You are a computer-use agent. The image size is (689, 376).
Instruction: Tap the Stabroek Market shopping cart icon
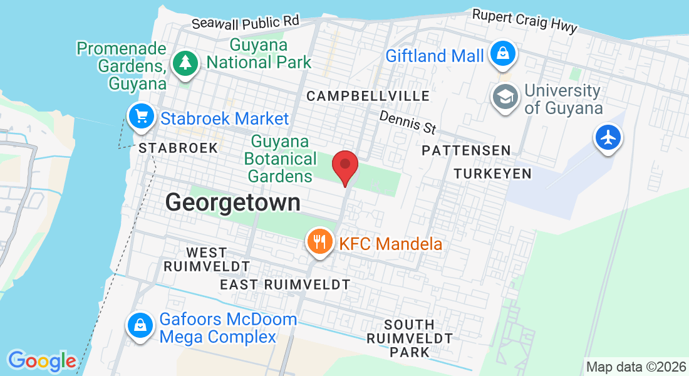click(x=142, y=117)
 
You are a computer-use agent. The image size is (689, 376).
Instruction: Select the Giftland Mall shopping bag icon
click(x=502, y=53)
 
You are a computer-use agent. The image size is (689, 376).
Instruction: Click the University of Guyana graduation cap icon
click(x=504, y=97)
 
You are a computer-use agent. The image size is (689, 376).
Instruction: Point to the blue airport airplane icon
click(x=608, y=137)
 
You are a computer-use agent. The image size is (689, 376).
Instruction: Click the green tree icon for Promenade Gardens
click(x=185, y=62)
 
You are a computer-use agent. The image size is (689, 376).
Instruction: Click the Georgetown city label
click(x=232, y=202)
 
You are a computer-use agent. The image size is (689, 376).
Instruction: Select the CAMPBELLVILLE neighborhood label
click(x=368, y=96)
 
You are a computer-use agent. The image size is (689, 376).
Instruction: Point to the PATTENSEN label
click(x=466, y=150)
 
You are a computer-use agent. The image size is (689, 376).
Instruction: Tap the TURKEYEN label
click(x=492, y=174)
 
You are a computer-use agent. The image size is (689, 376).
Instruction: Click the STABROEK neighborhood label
click(x=179, y=148)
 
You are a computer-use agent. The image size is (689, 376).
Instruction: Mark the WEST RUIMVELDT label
click(x=207, y=259)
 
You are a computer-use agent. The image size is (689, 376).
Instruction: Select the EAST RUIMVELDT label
click(x=285, y=285)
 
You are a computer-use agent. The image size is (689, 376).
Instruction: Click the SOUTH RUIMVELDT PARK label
click(x=410, y=338)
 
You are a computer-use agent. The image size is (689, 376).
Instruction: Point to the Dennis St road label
click(x=408, y=122)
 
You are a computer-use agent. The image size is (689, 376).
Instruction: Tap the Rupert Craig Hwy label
click(x=525, y=21)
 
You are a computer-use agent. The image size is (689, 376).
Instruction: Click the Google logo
click(x=42, y=361)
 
